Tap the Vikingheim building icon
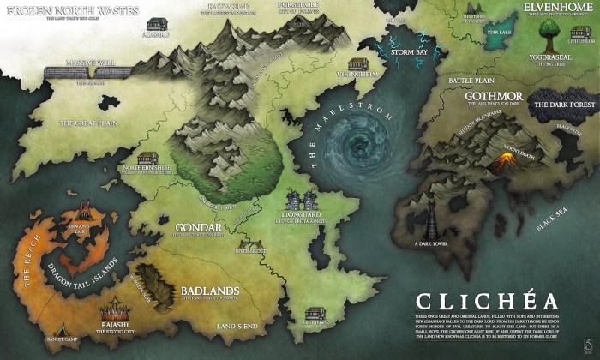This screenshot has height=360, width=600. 358,65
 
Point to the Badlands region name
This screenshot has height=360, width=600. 213,290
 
